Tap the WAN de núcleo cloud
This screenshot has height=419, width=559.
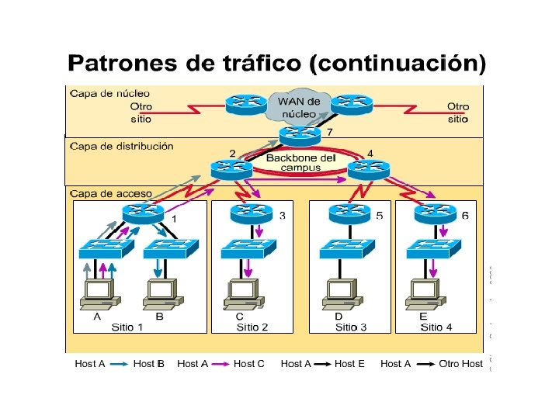(298, 108)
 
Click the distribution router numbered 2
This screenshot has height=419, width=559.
(231, 168)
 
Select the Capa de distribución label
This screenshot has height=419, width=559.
(122, 146)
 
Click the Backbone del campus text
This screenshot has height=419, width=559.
(300, 162)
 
